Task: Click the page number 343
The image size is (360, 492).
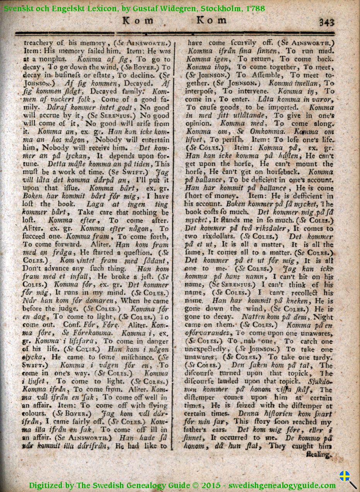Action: click(327, 22)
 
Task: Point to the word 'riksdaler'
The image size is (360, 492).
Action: click(273, 228)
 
